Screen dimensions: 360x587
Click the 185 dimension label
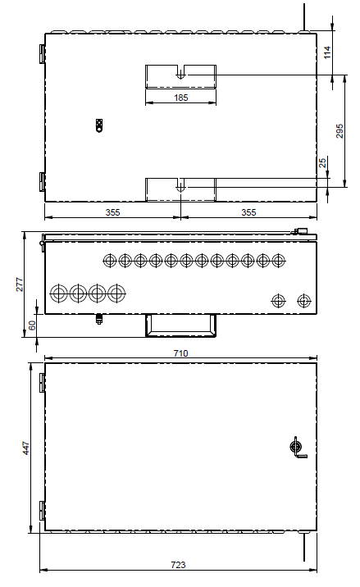click(180, 98)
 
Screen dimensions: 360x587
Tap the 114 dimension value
click(327, 52)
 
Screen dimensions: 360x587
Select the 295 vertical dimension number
click(339, 131)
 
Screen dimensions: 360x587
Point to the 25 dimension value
click(322, 163)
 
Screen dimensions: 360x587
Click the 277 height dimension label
click(20, 284)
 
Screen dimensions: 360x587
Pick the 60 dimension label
click(32, 325)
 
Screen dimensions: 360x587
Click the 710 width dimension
click(180, 353)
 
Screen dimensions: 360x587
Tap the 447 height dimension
click(26, 448)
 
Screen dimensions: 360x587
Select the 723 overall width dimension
click(178, 565)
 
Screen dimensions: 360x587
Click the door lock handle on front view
click(298, 448)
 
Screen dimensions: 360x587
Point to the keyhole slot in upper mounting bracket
click(180, 74)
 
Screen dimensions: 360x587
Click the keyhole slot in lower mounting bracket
click(180, 186)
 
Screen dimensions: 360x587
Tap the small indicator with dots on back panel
click(99, 125)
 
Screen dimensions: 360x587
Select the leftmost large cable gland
click(59, 293)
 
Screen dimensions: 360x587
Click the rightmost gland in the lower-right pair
click(303, 300)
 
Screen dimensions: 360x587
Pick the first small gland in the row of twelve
click(110, 260)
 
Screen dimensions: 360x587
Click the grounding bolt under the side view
click(99, 319)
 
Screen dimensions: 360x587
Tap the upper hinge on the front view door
click(43, 382)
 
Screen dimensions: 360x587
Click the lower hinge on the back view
click(43, 182)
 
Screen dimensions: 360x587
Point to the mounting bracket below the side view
click(180, 325)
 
